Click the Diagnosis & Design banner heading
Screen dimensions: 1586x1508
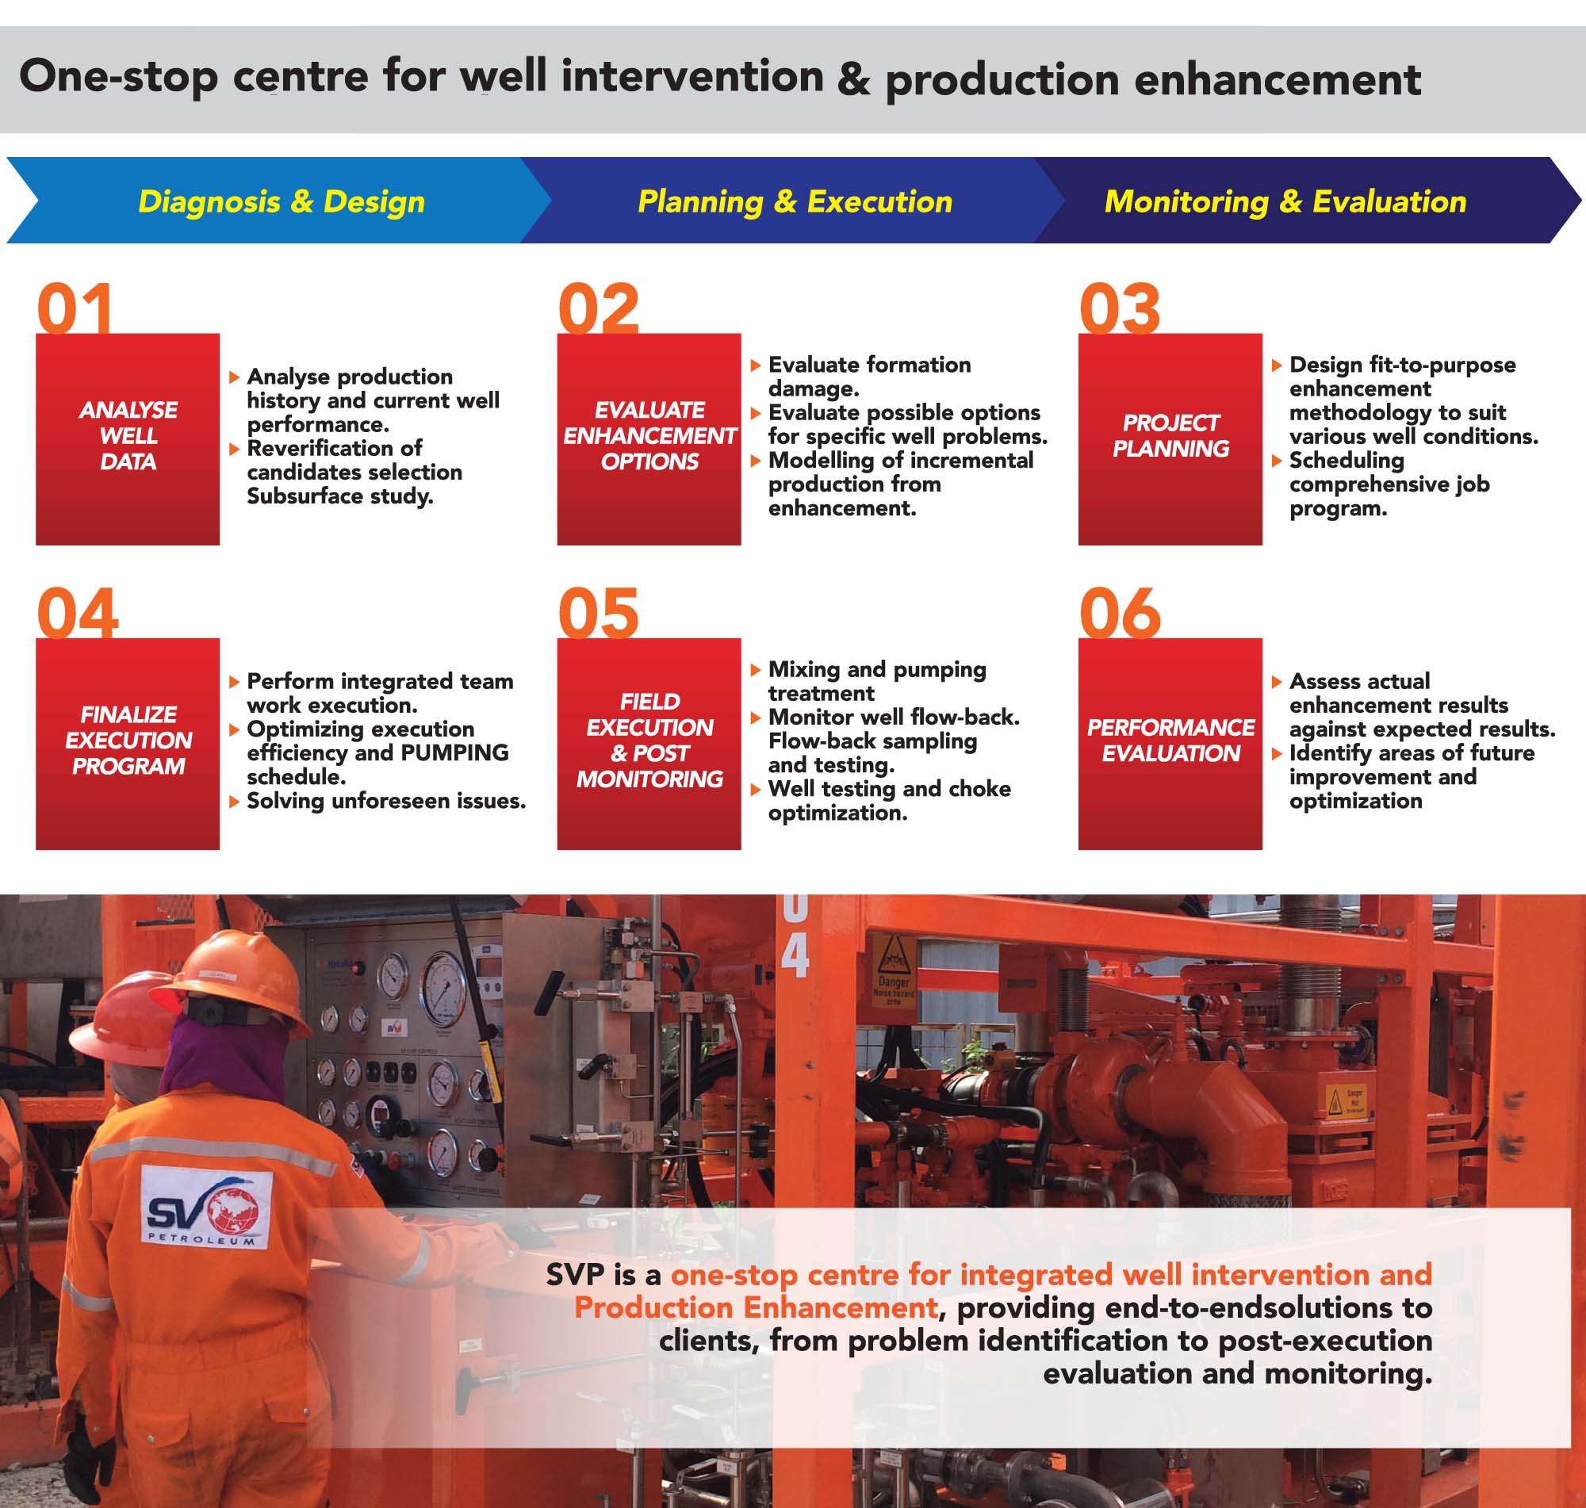(x=282, y=201)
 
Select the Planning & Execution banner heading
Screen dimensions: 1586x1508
(x=795, y=201)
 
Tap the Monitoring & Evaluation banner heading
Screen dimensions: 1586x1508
(x=1285, y=201)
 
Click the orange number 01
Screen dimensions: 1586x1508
(x=74, y=308)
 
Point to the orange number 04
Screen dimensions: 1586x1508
(x=77, y=613)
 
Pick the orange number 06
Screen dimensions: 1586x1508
(x=1120, y=613)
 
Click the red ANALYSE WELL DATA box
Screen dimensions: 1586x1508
(x=128, y=439)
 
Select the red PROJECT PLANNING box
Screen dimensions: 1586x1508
(x=1170, y=439)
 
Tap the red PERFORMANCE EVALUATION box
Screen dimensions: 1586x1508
(x=1170, y=744)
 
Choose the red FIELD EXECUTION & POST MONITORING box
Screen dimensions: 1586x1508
(x=649, y=744)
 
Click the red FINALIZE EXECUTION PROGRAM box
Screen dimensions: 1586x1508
(x=128, y=744)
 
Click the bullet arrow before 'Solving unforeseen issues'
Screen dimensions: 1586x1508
(x=235, y=802)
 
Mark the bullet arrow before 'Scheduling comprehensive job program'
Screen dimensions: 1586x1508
(x=1278, y=461)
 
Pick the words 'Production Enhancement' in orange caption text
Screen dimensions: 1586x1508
(x=756, y=1308)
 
